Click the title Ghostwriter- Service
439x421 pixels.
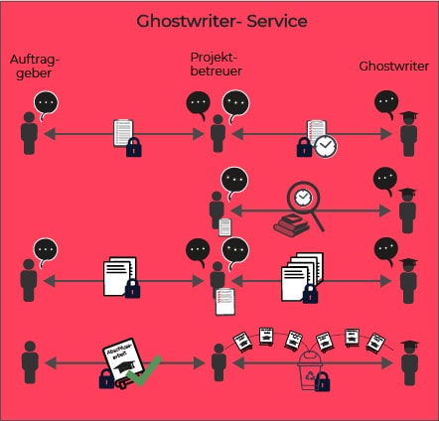(219, 21)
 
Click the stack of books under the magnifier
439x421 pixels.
(290, 227)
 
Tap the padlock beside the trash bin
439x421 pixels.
(321, 381)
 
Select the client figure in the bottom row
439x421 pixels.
(30, 363)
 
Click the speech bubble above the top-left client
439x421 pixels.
(46, 102)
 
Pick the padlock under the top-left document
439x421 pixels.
(133, 148)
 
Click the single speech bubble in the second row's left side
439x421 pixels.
(233, 180)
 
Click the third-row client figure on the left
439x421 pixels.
(30, 281)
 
